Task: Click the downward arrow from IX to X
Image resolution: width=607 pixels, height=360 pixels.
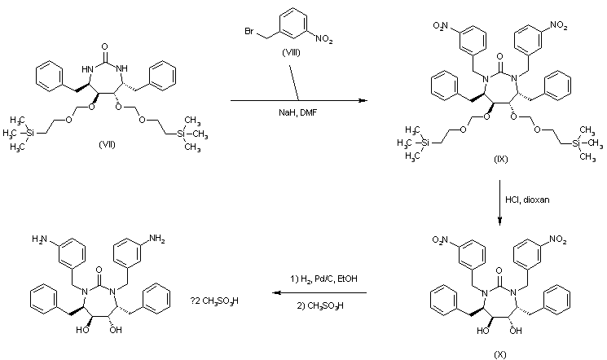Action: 500,199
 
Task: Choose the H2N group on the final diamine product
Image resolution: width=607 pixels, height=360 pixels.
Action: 38,239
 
